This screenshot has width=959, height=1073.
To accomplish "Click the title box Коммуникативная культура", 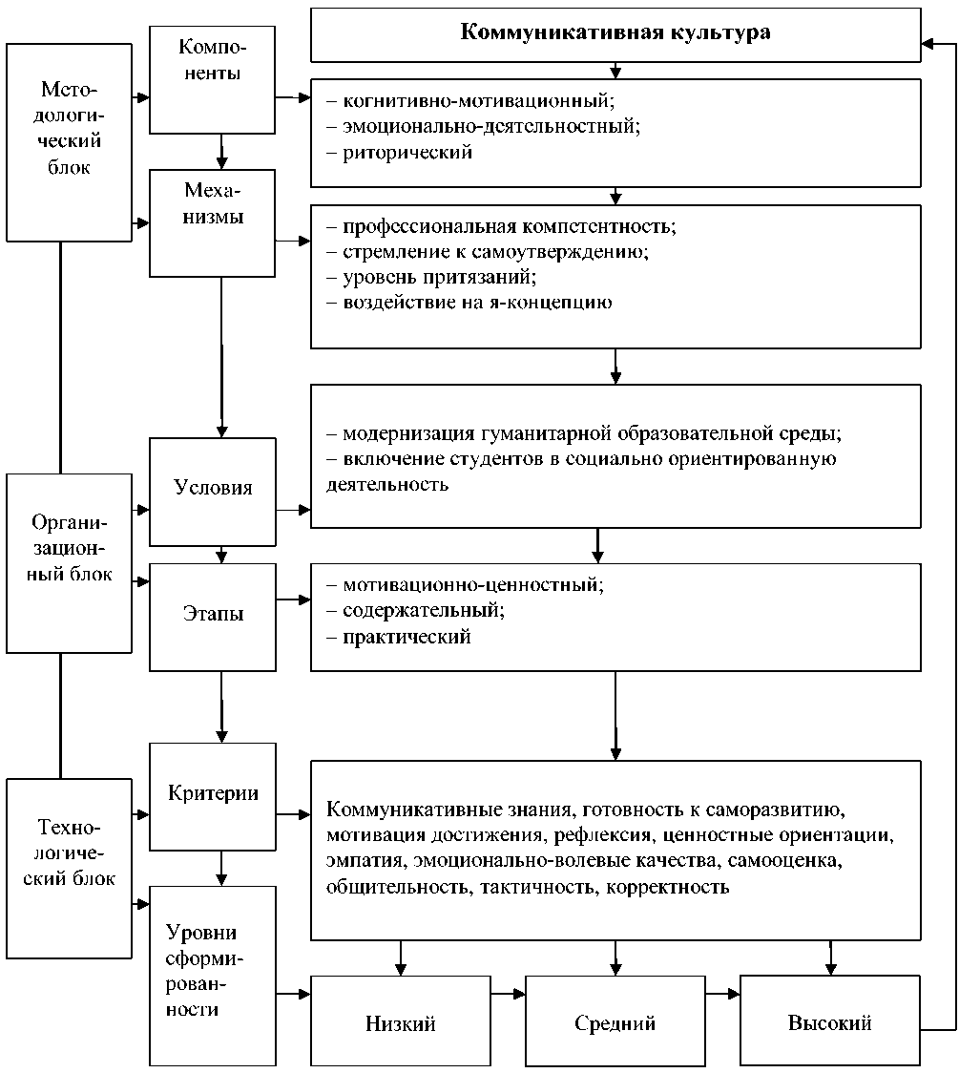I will pos(615,33).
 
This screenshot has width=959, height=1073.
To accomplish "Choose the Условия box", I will pos(212,489).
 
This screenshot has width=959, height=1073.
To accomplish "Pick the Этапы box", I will pos(212,615).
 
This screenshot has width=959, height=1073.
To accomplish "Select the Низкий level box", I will pos(401,1022).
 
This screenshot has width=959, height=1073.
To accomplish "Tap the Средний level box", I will pos(615,1022).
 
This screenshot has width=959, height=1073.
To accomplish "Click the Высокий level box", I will pos(830,1022).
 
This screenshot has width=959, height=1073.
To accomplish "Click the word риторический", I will pos(407,152).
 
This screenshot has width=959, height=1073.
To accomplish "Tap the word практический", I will pos(407,637).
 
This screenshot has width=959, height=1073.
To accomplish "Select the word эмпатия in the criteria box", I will pos(355,862).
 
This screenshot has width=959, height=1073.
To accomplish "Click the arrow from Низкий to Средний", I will pos(508,994).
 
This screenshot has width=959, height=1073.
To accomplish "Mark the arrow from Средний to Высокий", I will pos(723,994).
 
